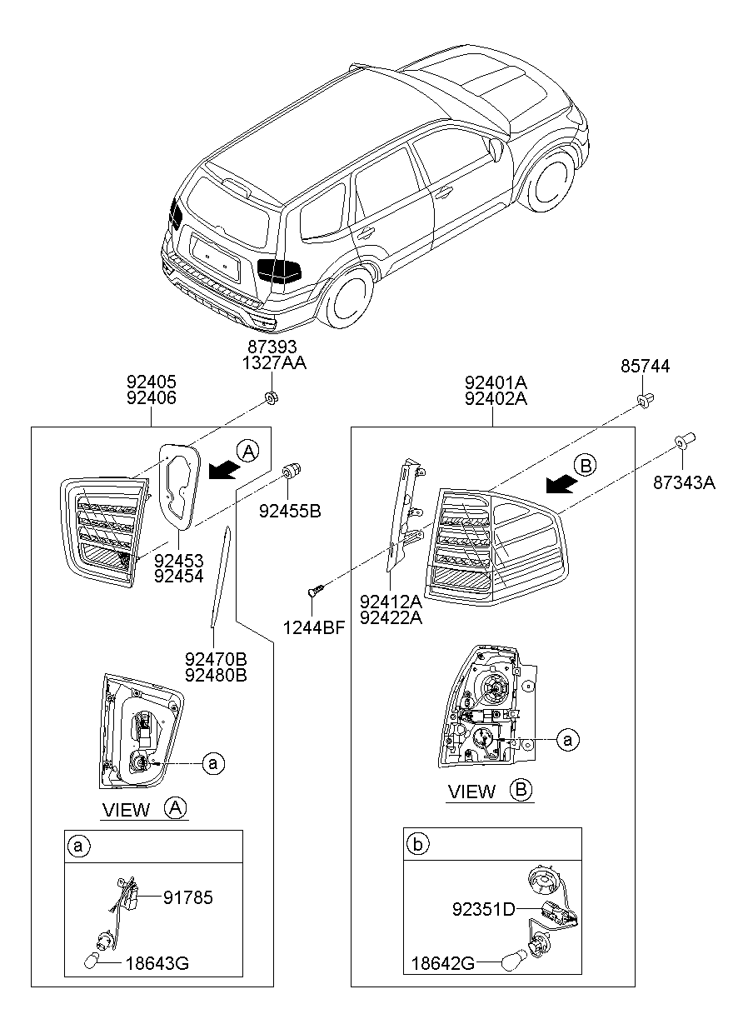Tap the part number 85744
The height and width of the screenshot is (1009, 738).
pyautogui.click(x=644, y=367)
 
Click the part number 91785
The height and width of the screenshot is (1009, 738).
pyautogui.click(x=187, y=897)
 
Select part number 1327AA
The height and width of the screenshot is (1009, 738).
pyautogui.click(x=271, y=363)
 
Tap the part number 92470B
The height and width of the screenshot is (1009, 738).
pyautogui.click(x=216, y=658)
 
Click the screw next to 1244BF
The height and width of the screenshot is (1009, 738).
pyautogui.click(x=314, y=591)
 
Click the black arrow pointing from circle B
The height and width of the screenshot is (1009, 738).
pyautogui.click(x=558, y=484)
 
